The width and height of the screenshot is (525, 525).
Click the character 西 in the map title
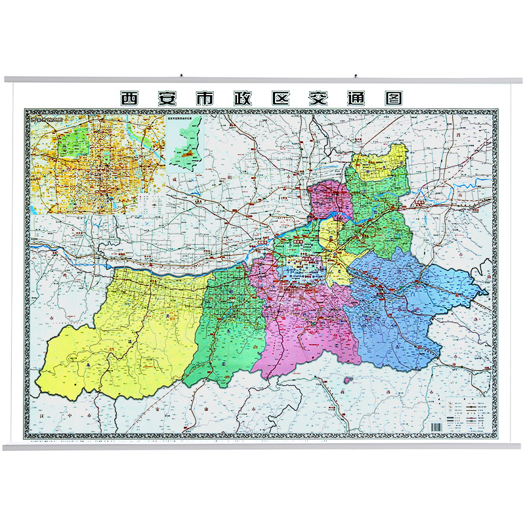(130, 98)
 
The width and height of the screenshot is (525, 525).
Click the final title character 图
(392, 98)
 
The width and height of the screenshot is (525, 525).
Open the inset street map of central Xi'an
(95, 164)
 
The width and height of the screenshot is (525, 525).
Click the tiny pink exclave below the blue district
(347, 380)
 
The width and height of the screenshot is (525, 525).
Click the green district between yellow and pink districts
(226, 322)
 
